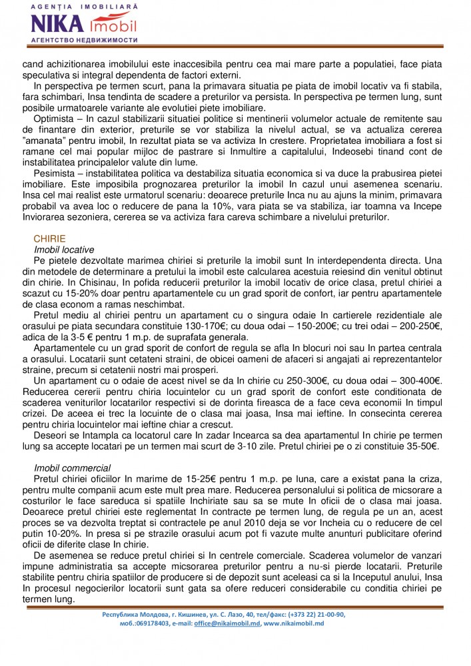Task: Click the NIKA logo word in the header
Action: [x=58, y=24]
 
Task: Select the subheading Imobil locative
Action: [x=64, y=248]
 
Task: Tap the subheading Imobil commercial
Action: [x=72, y=468]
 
